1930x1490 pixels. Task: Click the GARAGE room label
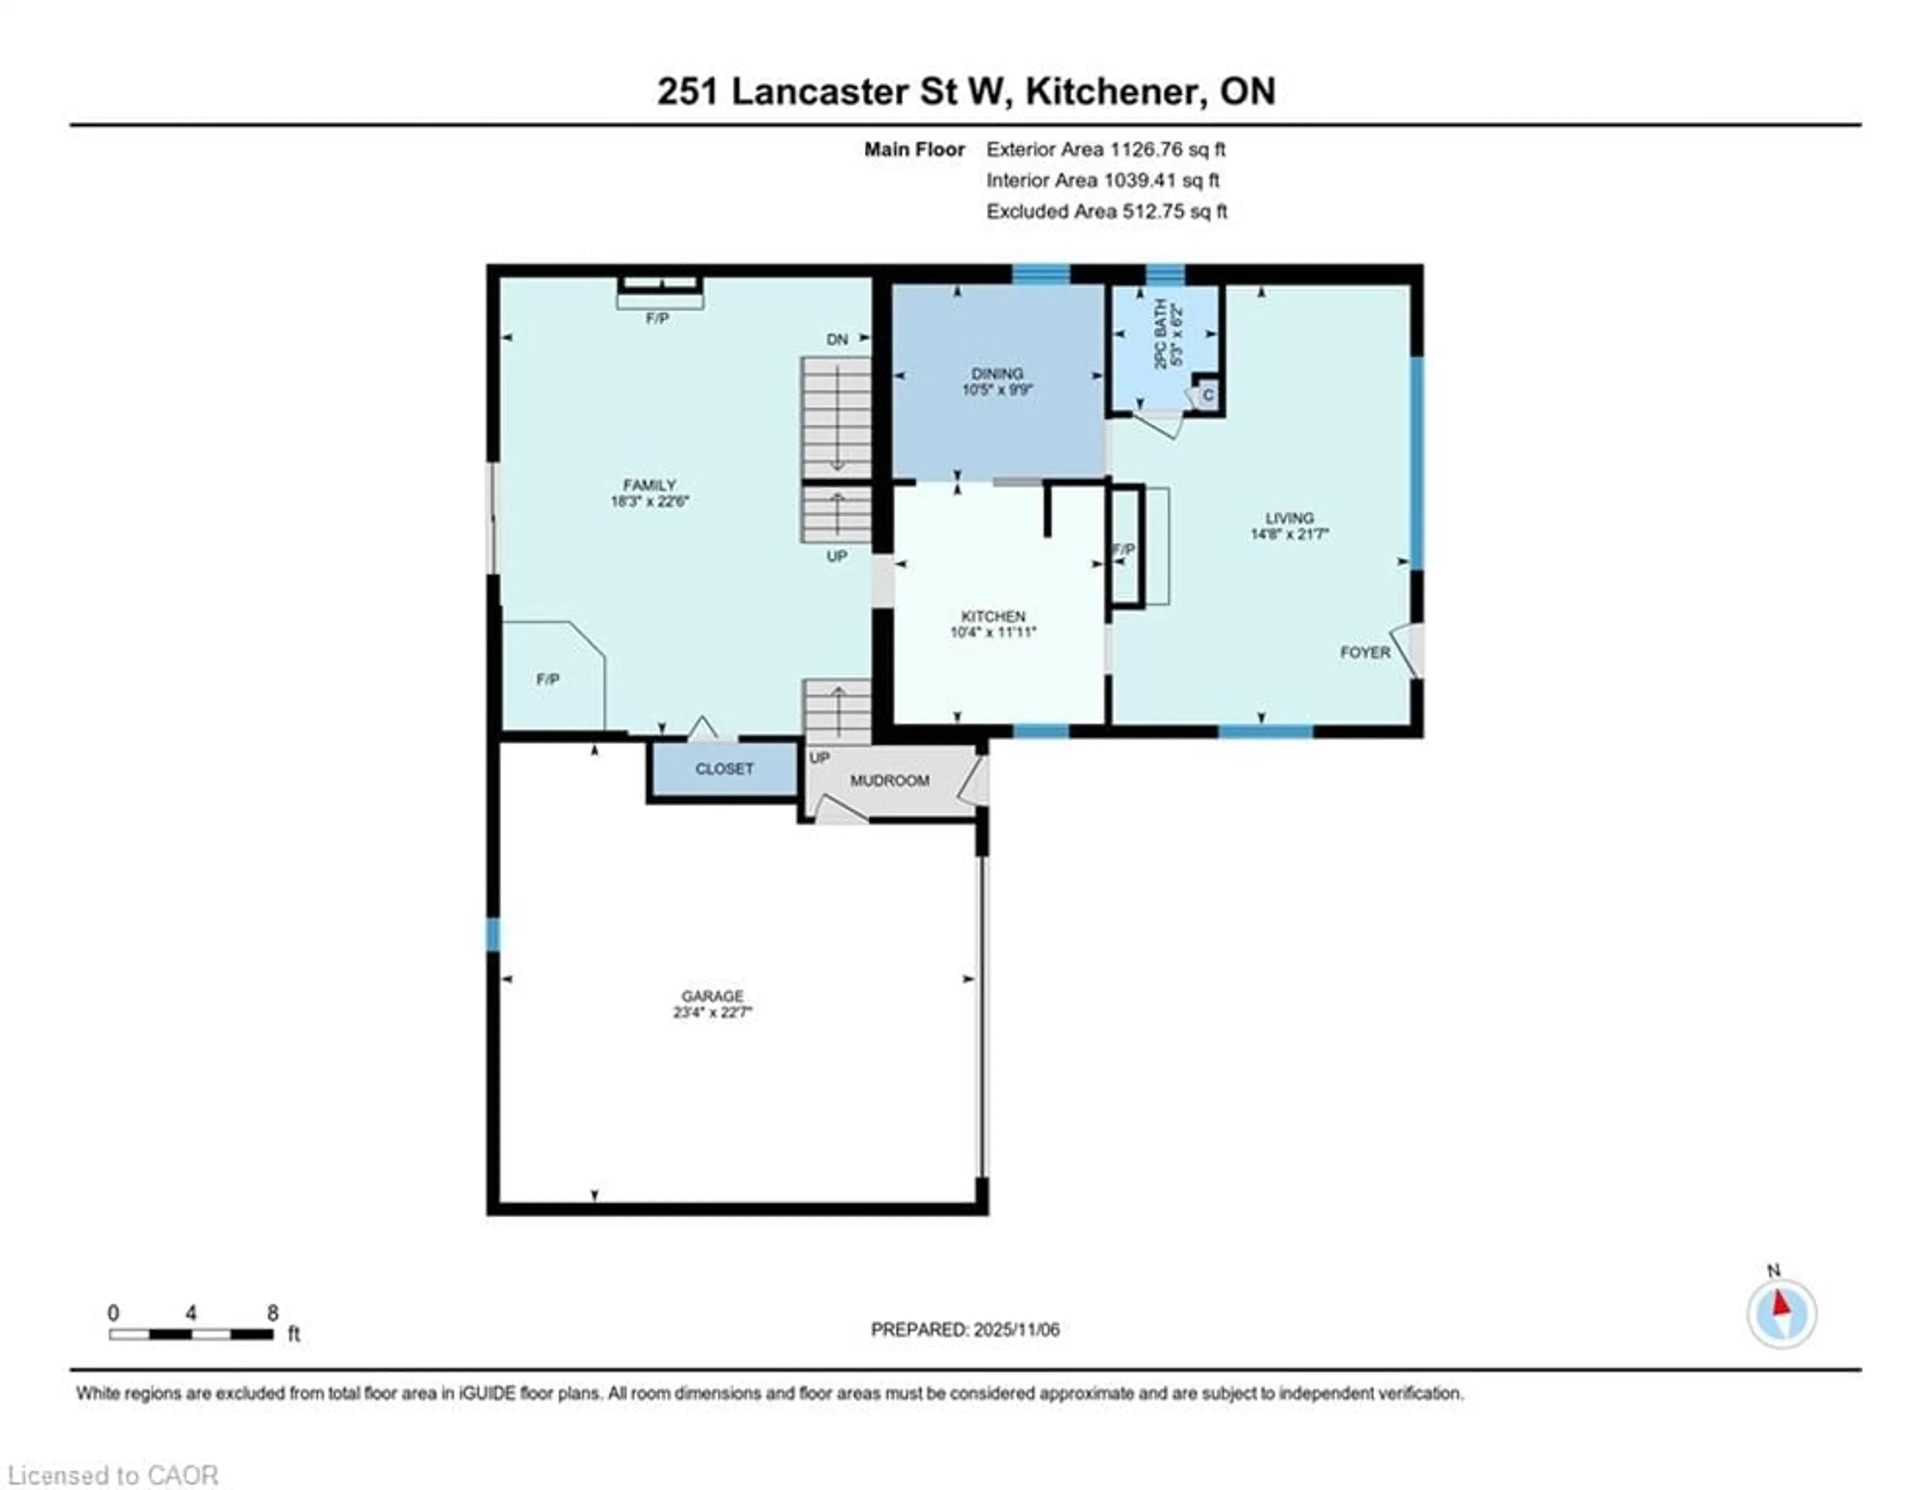click(712, 996)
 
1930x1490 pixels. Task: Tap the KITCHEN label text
click(993, 616)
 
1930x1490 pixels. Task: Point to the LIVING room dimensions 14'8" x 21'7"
click(1289, 534)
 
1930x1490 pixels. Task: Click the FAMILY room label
click(649, 485)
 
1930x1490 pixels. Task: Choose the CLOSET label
click(724, 769)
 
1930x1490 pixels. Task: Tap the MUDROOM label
click(889, 780)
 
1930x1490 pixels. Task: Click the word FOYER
click(1365, 652)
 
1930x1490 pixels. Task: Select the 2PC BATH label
click(1161, 334)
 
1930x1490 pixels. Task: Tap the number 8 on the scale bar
click(273, 1313)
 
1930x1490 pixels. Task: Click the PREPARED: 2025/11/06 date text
click(965, 1330)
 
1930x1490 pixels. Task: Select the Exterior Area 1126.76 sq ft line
click(1106, 149)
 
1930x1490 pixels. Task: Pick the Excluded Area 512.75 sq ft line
click(1106, 211)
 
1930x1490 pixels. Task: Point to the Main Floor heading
click(914, 149)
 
